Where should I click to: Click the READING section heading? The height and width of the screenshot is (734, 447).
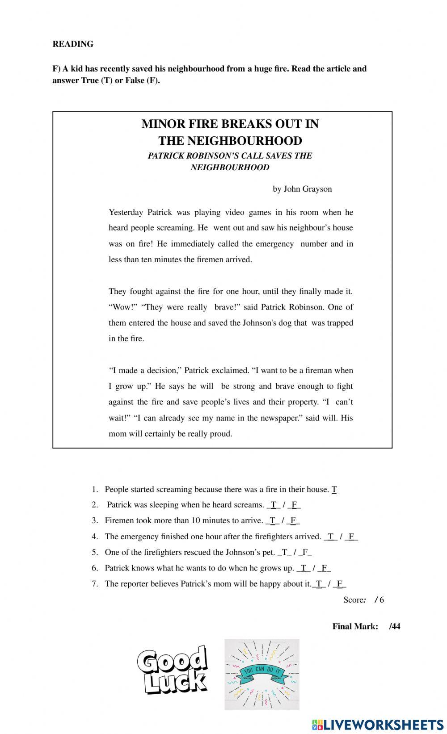(x=73, y=44)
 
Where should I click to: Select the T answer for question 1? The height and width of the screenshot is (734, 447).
(x=334, y=490)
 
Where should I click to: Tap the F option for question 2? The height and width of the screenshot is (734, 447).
(x=294, y=505)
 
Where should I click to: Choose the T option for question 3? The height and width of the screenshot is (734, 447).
(x=272, y=520)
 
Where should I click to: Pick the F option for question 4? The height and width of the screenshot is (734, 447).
(x=351, y=537)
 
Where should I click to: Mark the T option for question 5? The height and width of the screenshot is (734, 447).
(x=284, y=552)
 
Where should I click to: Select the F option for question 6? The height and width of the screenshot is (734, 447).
(x=324, y=568)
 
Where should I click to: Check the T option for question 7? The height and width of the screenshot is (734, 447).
(x=319, y=584)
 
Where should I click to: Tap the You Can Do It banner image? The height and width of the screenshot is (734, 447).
(x=262, y=674)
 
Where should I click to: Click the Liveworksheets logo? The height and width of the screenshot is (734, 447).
(x=378, y=724)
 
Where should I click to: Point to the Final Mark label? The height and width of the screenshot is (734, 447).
(x=355, y=626)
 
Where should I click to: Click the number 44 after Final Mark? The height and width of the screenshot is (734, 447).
(x=396, y=626)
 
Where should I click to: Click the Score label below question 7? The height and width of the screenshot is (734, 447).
(x=354, y=600)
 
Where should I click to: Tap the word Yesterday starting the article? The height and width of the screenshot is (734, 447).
(x=126, y=212)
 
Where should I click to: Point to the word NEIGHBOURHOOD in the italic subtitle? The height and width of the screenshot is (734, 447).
(x=230, y=168)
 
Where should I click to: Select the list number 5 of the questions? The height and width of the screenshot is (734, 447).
(x=94, y=552)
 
